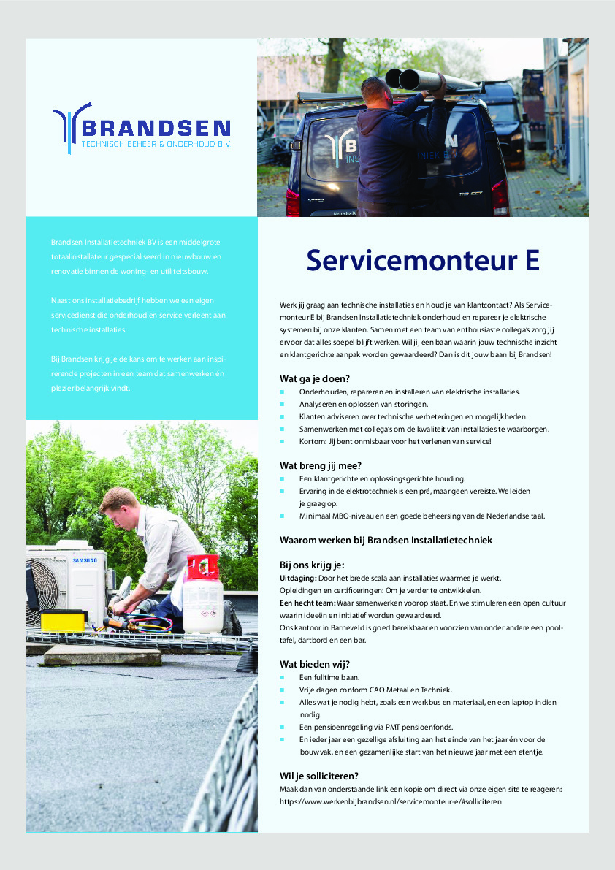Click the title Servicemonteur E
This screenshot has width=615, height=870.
pos(423,260)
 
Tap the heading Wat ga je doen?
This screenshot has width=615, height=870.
pos(315,378)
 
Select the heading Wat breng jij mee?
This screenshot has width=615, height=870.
pos(321,465)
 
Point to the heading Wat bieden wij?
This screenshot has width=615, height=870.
pos(315,664)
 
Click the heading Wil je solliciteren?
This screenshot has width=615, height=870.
pos(319,776)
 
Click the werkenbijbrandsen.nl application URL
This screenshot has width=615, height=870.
pos(391,801)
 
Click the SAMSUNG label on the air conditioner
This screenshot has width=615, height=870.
pos(83,561)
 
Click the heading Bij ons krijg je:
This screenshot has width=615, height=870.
pos(312,565)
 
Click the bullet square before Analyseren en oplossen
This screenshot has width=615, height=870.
pos(283,405)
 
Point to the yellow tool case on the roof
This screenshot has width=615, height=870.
pos(64,621)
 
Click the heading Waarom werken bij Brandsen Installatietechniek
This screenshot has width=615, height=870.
pos(386,540)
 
